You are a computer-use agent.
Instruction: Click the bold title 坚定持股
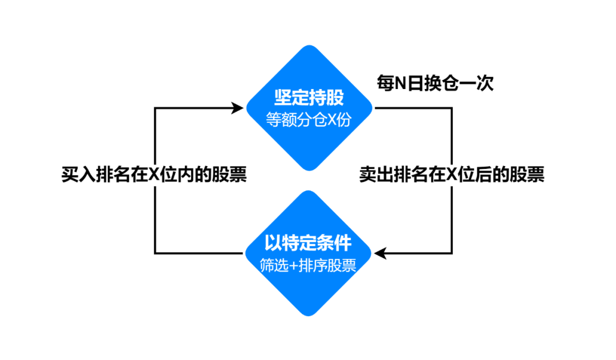[309, 97]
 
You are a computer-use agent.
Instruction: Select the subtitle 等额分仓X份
[309, 120]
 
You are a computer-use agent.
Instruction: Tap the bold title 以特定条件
[308, 243]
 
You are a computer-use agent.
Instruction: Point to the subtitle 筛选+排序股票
[308, 266]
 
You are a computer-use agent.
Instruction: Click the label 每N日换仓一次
[435, 84]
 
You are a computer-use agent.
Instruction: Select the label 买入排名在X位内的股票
[154, 174]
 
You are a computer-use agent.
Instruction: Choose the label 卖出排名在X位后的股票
[452, 174]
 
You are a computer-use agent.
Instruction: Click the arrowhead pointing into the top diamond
[238, 107]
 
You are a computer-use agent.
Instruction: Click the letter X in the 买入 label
[153, 175]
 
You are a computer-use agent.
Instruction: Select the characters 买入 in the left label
[76, 174]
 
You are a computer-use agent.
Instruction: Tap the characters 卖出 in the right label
[374, 174]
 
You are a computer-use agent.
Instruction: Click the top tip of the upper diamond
[309, 46]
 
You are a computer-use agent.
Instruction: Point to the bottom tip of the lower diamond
[309, 315]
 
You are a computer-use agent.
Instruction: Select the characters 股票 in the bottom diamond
[343, 266]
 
